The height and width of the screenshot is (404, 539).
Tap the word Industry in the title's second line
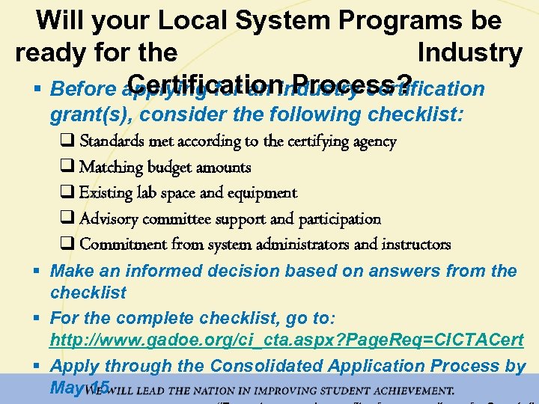click(x=470, y=52)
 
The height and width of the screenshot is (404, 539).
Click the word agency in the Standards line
click(x=371, y=142)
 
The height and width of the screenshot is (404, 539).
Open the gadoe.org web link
click(x=287, y=340)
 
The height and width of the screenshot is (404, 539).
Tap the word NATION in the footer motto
click(x=198, y=391)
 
